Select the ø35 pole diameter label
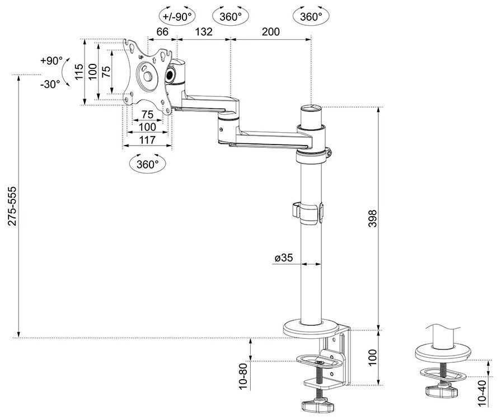point(284,258)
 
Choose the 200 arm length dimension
point(270,32)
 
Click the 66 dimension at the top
point(162,32)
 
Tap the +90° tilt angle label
point(51,60)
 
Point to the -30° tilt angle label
point(50,84)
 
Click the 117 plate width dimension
point(147,141)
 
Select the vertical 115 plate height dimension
point(79,71)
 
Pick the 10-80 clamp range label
point(242,376)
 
